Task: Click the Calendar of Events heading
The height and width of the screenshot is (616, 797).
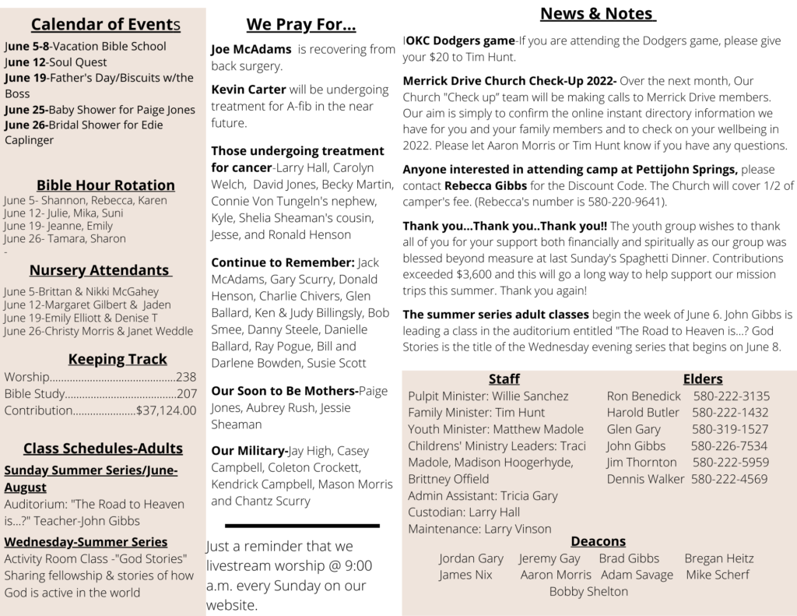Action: click(106, 25)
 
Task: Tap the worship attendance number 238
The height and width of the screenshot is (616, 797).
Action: click(186, 377)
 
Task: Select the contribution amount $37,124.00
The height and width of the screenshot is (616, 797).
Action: click(166, 410)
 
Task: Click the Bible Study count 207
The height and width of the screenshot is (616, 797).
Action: click(186, 394)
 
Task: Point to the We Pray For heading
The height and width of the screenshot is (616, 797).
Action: click(301, 25)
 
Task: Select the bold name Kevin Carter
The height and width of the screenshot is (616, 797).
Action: click(248, 90)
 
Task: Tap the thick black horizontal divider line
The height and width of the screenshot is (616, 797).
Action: click(302, 526)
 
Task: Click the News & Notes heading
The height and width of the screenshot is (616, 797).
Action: click(598, 13)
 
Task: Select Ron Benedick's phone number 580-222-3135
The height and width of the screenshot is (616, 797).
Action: click(731, 396)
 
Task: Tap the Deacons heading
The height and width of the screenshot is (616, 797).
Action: click(598, 540)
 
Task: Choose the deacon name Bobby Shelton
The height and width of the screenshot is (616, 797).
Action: click(588, 591)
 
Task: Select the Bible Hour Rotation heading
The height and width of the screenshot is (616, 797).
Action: click(106, 185)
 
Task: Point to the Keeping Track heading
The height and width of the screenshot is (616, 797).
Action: click(118, 359)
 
